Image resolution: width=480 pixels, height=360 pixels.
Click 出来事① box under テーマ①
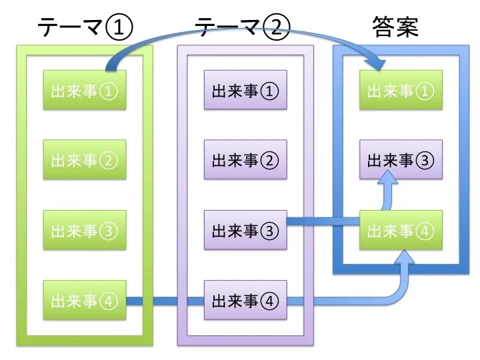(x=84, y=91)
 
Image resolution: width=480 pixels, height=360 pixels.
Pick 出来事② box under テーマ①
(x=84, y=160)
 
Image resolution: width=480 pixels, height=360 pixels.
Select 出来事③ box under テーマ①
(x=84, y=231)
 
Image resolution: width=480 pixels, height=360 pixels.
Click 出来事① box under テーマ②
(x=245, y=91)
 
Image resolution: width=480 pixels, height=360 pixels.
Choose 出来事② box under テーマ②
(x=245, y=160)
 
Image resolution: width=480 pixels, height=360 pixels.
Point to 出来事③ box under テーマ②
(x=245, y=231)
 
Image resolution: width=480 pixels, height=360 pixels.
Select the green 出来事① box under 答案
(x=401, y=91)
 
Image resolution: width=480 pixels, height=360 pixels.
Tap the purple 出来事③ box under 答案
(x=401, y=160)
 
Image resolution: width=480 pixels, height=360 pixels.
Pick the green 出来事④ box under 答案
(x=401, y=231)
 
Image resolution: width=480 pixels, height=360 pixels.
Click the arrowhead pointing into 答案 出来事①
(x=378, y=64)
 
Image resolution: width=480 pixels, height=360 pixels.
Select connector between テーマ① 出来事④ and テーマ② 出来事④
(x=165, y=301)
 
